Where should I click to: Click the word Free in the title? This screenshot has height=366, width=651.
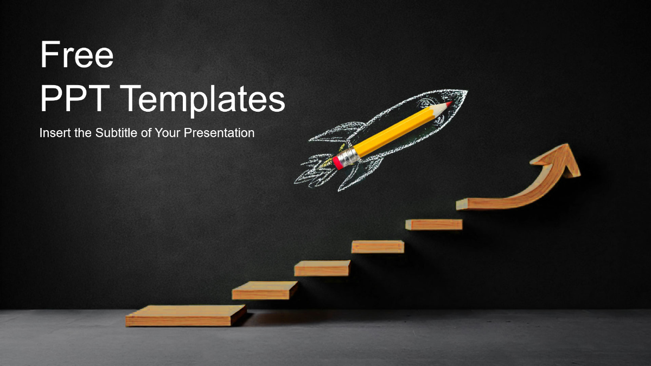76,55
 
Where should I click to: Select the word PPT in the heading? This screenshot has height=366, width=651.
75,99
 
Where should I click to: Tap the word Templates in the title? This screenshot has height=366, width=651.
203,101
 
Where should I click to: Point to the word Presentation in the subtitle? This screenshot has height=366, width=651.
219,133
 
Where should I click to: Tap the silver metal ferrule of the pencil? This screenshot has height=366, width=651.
349,157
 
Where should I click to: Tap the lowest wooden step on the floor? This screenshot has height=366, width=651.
186,316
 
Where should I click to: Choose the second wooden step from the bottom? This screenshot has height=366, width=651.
265,290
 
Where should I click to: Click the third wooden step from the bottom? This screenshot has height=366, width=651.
322,268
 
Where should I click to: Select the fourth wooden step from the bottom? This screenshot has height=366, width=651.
378,247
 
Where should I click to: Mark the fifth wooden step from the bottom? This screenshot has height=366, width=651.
434,224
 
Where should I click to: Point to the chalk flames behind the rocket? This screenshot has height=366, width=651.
314,173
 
